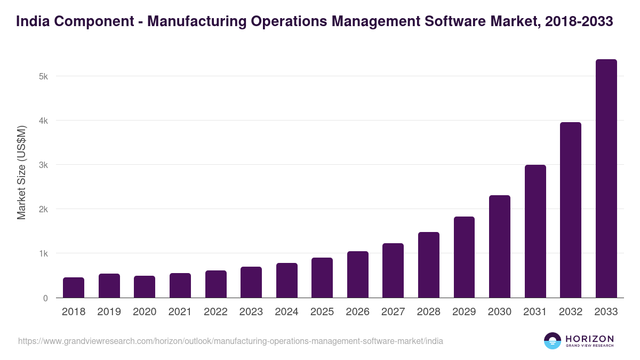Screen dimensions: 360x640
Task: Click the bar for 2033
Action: pyautogui.click(x=606, y=179)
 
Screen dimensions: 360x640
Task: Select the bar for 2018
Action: pyautogui.click(x=74, y=287)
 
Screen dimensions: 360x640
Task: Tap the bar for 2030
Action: pyautogui.click(x=500, y=246)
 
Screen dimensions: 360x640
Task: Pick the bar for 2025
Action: pyautogui.click(x=322, y=278)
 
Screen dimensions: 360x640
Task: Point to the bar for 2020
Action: pyautogui.click(x=145, y=287)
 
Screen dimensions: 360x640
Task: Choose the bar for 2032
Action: pyautogui.click(x=571, y=210)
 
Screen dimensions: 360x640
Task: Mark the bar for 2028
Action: pyautogui.click(x=429, y=265)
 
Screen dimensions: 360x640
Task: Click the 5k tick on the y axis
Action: pyautogui.click(x=43, y=76)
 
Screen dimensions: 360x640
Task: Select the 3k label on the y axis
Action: pyautogui.click(x=43, y=165)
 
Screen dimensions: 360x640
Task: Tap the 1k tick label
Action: pyautogui.click(x=43, y=253)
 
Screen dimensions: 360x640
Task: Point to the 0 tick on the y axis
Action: pyautogui.click(x=45, y=298)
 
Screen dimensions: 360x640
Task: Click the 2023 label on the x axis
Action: pyautogui.click(x=251, y=312)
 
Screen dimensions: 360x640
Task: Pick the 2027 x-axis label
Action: pyautogui.click(x=393, y=312)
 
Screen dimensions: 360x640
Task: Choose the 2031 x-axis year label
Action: pyautogui.click(x=535, y=312)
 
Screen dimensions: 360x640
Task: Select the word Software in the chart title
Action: pyautogui.click(x=450, y=22)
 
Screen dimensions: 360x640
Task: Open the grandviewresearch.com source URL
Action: pyautogui.click(x=230, y=341)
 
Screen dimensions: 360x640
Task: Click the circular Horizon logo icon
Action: pyautogui.click(x=553, y=341)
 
